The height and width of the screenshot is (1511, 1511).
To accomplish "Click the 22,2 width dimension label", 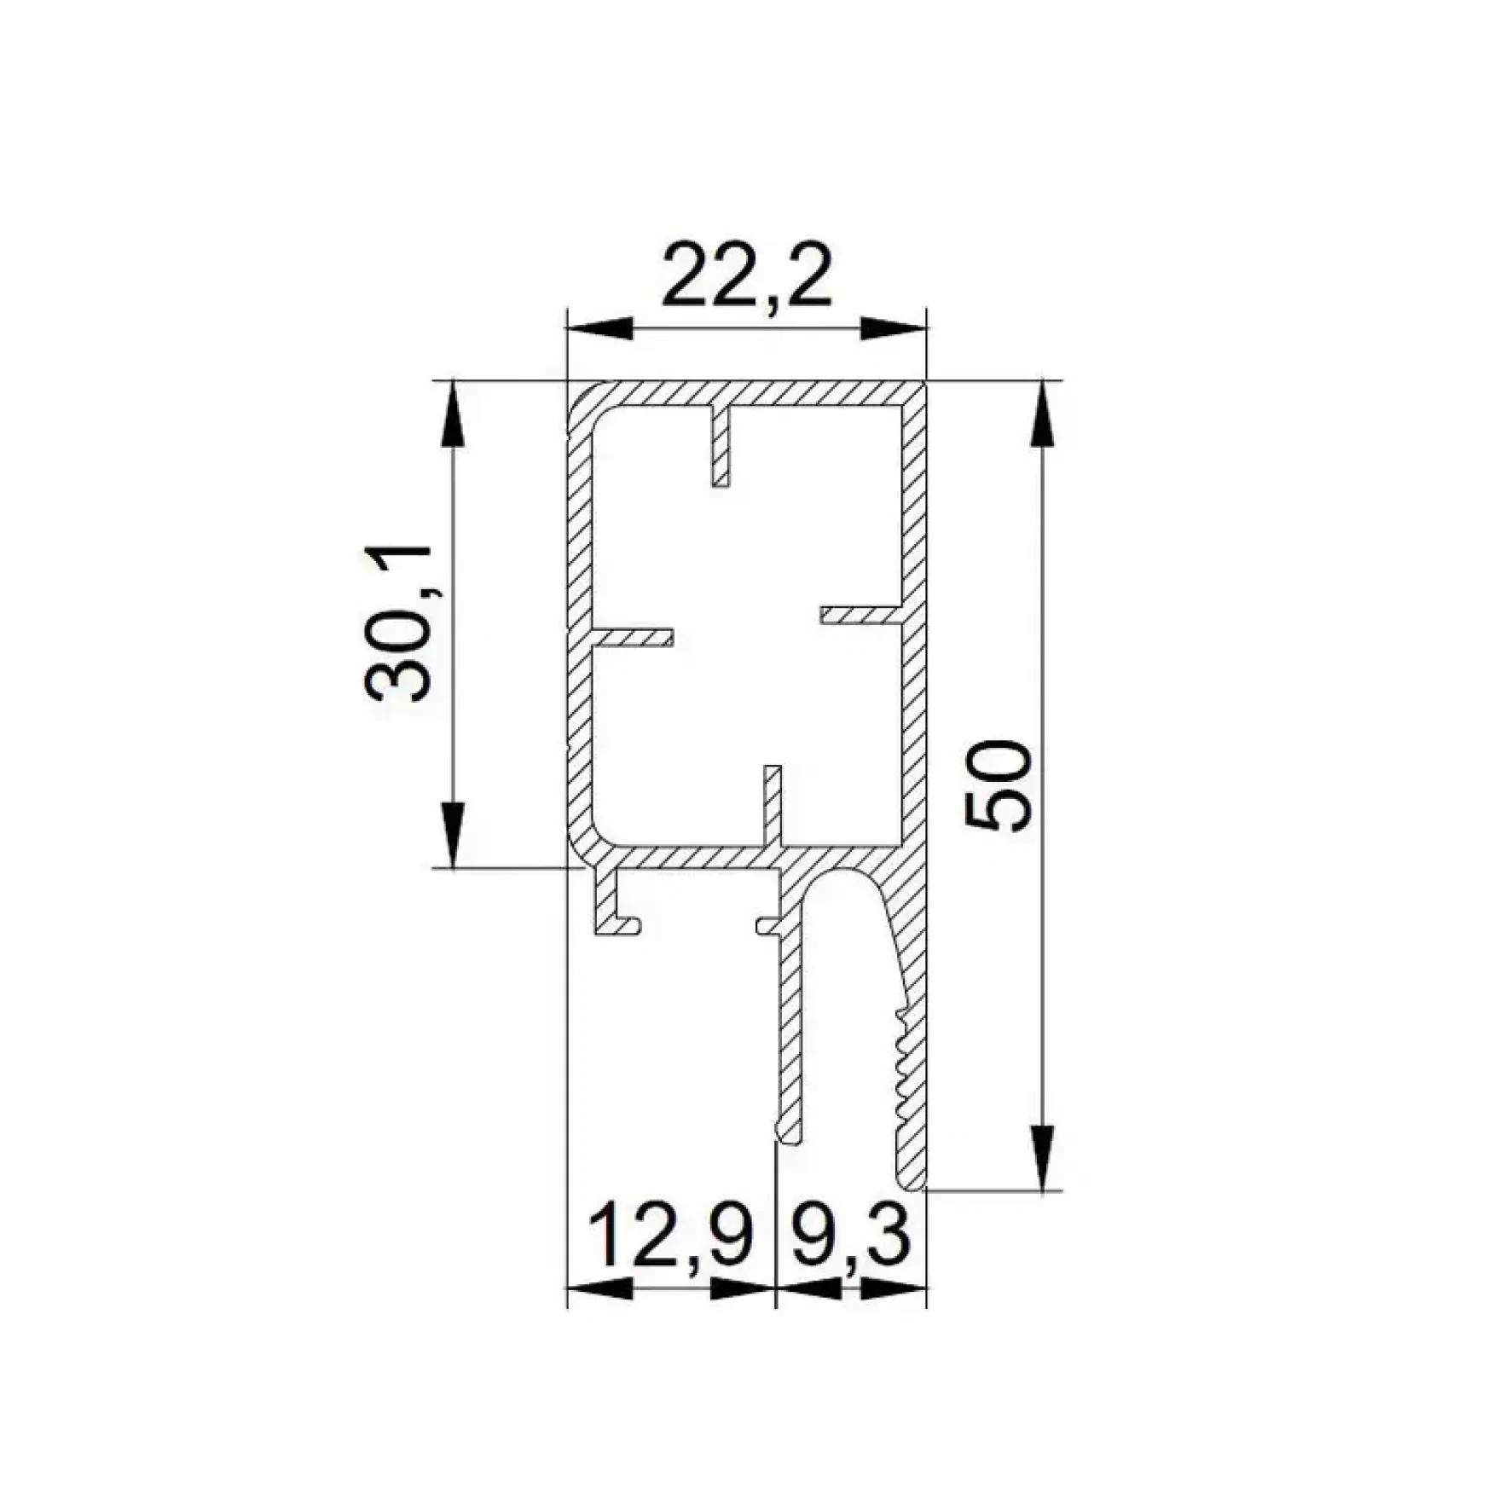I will click(746, 275).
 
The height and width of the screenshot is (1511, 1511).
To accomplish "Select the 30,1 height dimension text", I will click(399, 623).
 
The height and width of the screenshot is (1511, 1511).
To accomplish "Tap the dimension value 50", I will click(998, 785).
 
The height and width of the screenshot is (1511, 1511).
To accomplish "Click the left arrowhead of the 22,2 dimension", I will click(601, 328).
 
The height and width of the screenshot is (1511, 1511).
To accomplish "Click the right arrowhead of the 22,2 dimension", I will click(893, 328).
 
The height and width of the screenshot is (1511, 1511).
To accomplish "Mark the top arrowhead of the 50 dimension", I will click(1041, 413).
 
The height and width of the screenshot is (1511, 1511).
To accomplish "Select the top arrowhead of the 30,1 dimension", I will click(453, 413).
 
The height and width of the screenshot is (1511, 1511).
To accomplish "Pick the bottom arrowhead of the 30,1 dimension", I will click(453, 835).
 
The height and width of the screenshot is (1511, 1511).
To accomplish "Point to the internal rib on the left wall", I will click(632, 638).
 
